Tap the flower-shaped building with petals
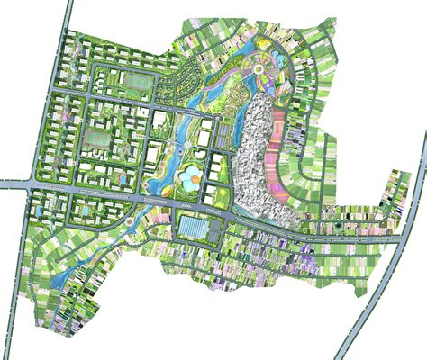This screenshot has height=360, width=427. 192,179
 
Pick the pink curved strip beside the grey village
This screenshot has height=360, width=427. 290,135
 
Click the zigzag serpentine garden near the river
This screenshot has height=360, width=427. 235,101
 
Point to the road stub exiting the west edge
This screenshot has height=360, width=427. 11,184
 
